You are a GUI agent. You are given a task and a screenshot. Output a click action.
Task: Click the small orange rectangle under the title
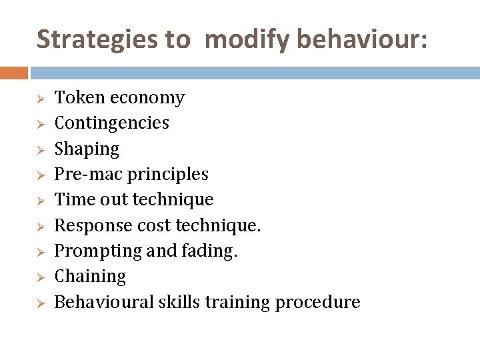tap(13, 73)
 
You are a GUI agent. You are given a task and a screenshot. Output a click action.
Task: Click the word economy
tap(147, 98)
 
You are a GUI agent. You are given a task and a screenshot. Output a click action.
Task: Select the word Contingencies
tap(111, 123)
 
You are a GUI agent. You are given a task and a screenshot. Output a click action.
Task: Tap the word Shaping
tap(86, 149)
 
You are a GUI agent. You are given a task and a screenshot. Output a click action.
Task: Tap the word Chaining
tap(90, 277)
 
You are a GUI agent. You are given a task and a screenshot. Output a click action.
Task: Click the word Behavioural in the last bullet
tap(104, 302)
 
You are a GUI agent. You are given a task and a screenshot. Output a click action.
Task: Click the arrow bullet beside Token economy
tap(40, 99)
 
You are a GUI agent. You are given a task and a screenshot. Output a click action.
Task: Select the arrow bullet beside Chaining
tap(40, 277)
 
